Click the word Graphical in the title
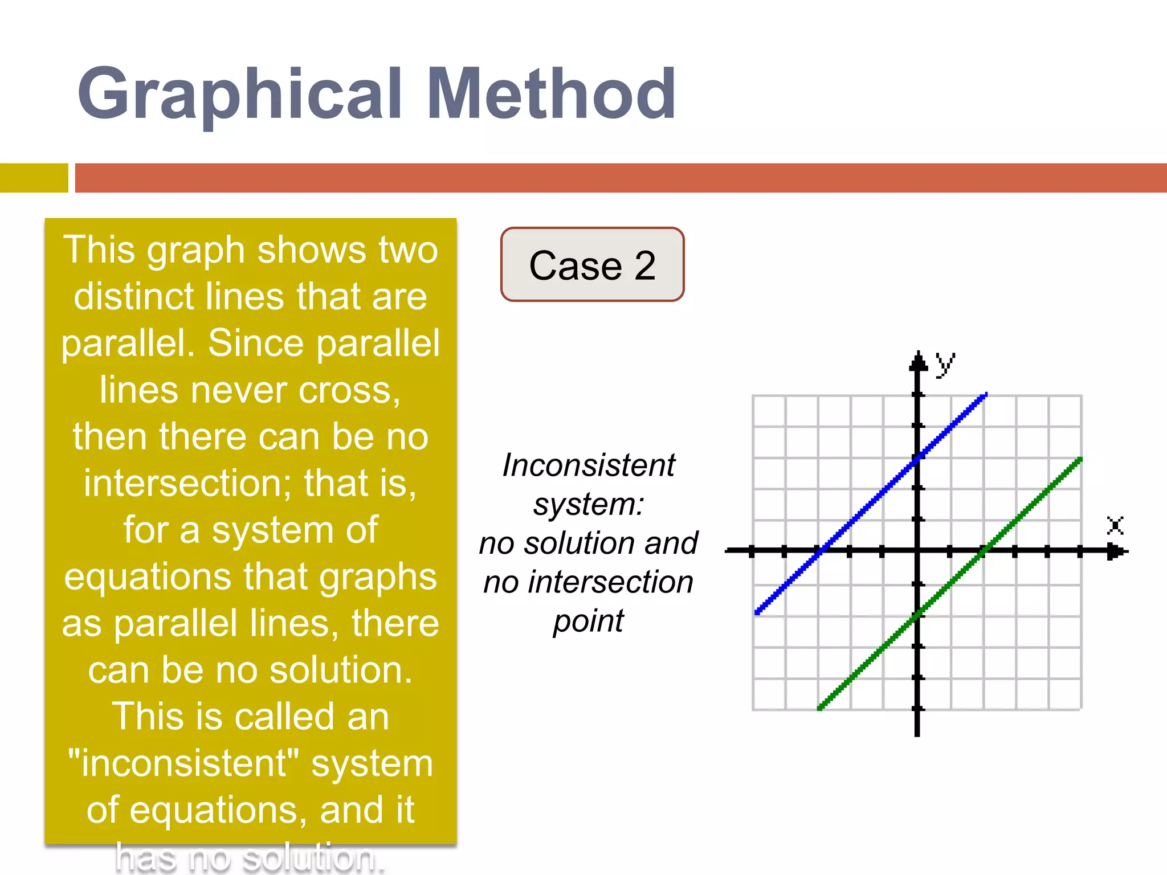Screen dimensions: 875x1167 (x=239, y=94)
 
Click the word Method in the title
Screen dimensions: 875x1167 (x=552, y=94)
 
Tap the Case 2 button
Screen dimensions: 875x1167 (x=592, y=265)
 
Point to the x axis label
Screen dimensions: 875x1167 (x=1115, y=525)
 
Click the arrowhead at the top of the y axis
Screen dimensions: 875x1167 (x=917, y=361)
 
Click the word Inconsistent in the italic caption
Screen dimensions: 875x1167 (x=589, y=465)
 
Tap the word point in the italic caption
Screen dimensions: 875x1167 (x=589, y=621)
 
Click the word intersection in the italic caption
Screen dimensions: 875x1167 (x=610, y=582)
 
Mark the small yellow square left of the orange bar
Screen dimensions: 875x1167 (x=34, y=178)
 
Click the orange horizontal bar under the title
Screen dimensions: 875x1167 (x=621, y=178)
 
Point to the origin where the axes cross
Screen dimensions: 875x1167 (x=917, y=551)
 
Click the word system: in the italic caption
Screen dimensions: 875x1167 (x=589, y=505)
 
